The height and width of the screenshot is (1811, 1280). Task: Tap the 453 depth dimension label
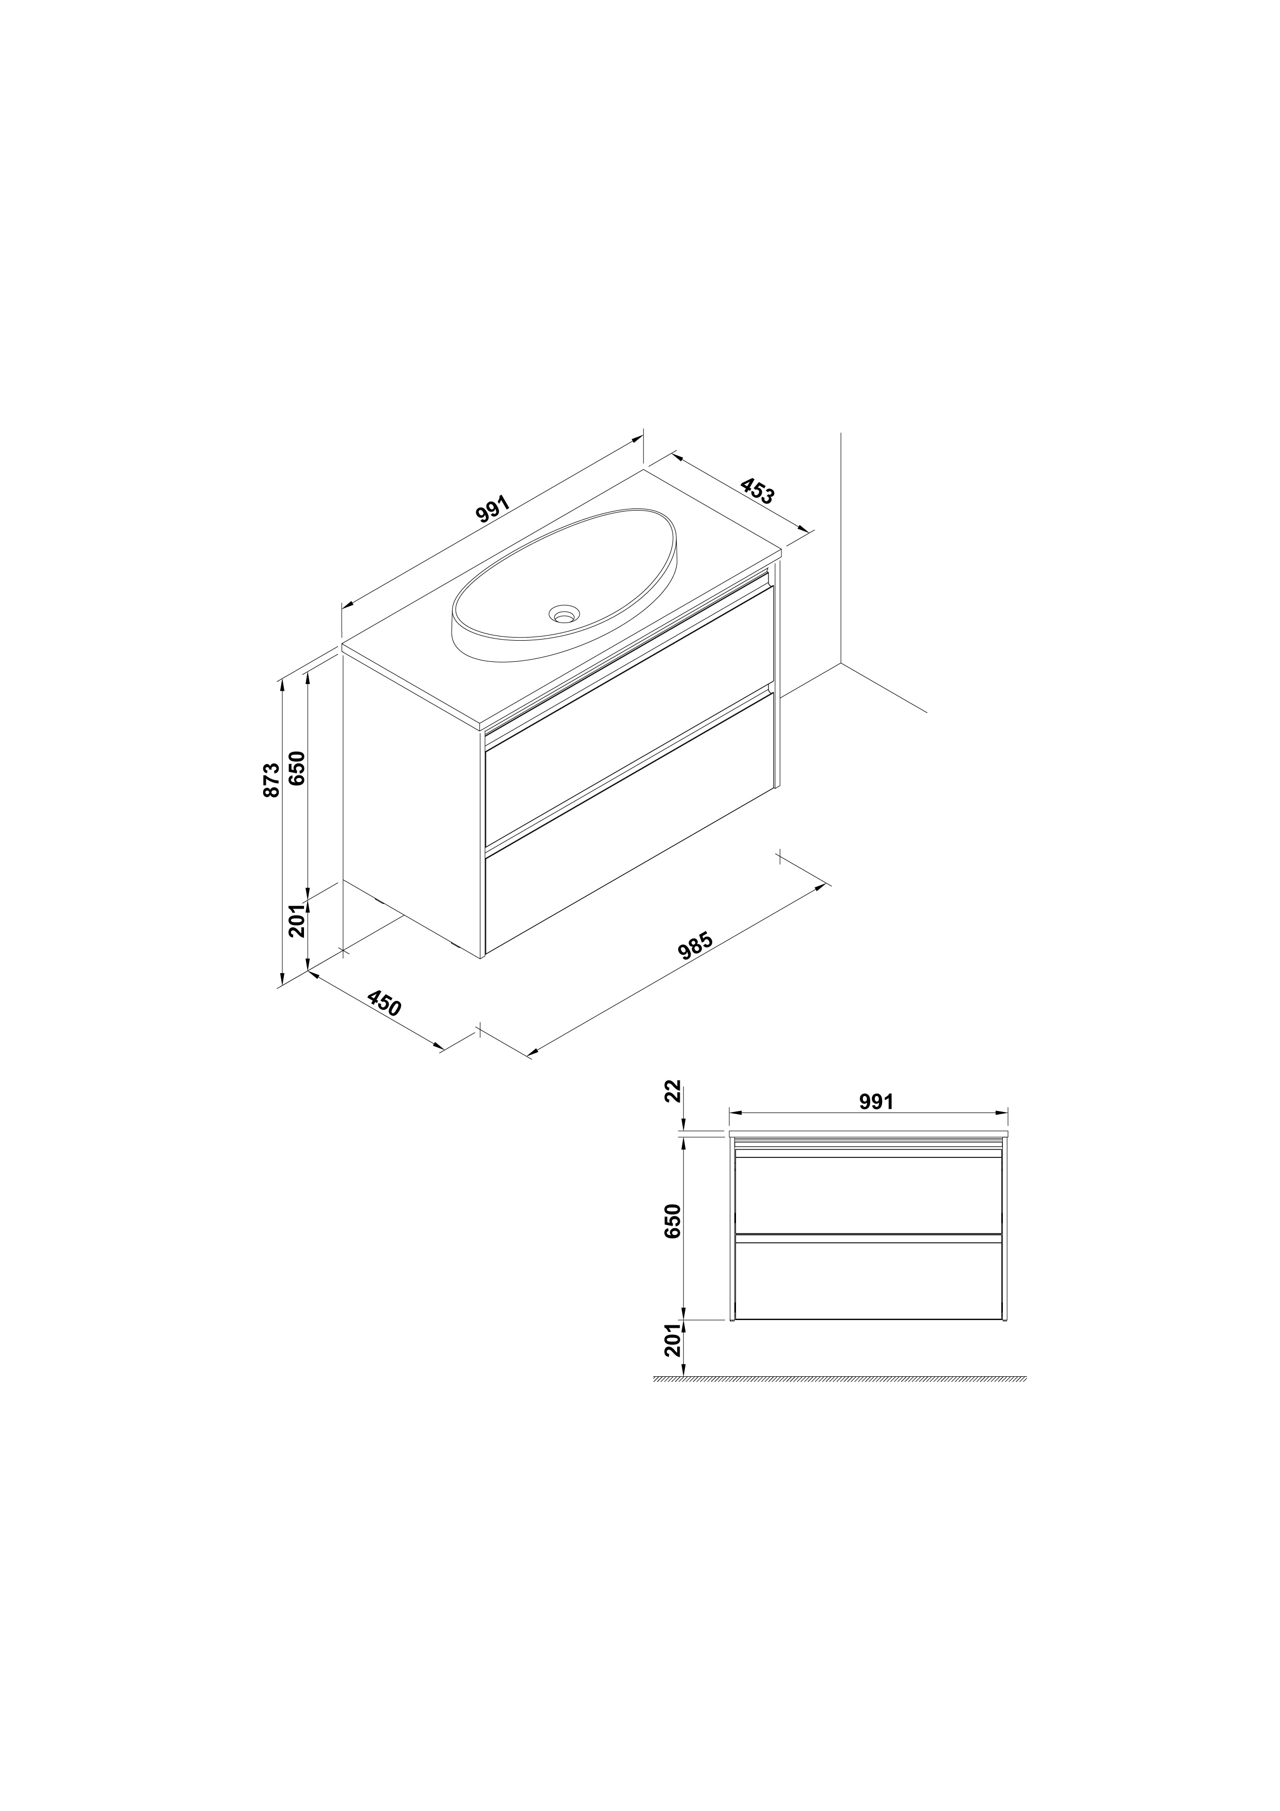(x=758, y=490)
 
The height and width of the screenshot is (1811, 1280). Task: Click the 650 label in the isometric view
(x=297, y=768)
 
